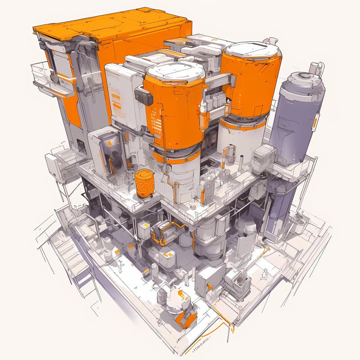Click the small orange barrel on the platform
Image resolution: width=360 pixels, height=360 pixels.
click(x=144, y=183)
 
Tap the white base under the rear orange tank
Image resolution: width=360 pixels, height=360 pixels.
click(x=241, y=135)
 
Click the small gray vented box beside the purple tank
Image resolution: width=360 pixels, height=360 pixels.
click(x=263, y=158)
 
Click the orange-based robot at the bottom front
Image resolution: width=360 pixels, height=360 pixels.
click(x=184, y=310)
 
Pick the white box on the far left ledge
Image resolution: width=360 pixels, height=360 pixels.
click(x=54, y=166)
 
